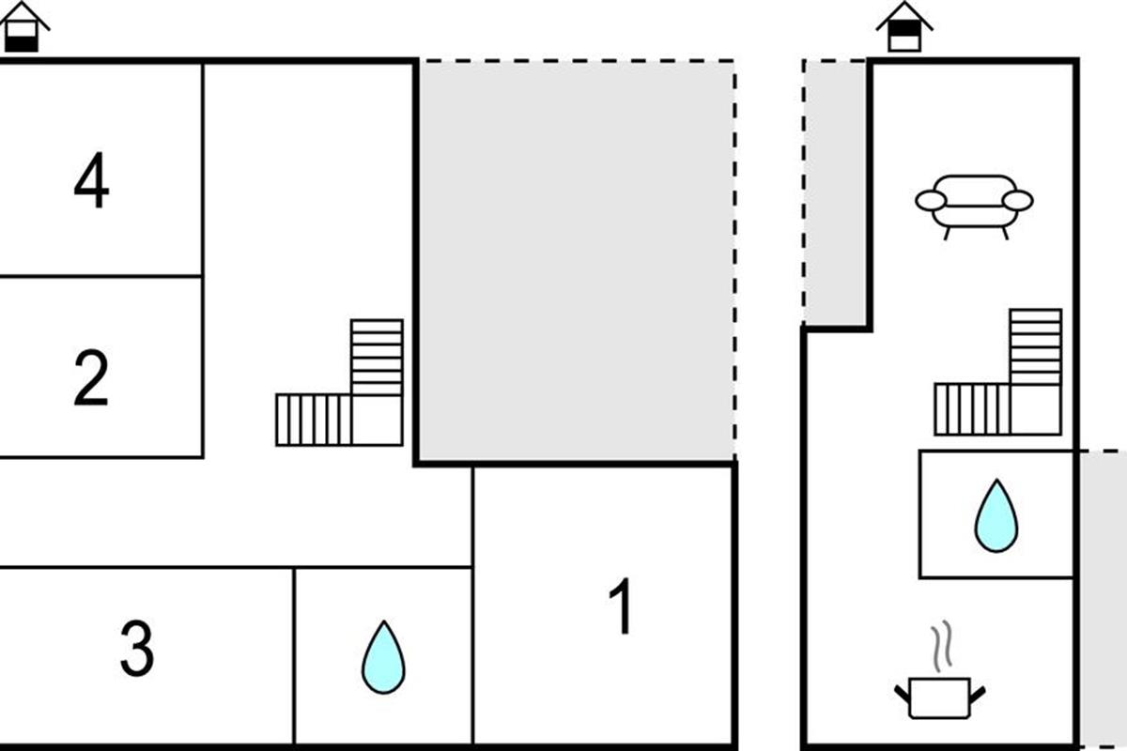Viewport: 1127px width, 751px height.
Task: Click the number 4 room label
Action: (x=91, y=184)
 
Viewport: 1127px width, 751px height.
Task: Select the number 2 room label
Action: (x=91, y=378)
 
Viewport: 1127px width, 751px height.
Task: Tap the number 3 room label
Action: (x=137, y=651)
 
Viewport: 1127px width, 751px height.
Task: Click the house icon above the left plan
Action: (x=23, y=28)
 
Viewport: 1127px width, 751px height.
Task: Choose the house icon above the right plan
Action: (x=903, y=28)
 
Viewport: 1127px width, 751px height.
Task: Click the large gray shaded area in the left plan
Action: (x=575, y=261)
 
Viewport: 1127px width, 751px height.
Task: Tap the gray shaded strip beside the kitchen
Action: (x=1101, y=601)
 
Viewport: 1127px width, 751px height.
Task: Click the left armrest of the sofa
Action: (x=930, y=200)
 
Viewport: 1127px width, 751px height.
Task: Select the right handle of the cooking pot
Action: (x=977, y=694)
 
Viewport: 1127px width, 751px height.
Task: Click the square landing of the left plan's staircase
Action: (x=377, y=420)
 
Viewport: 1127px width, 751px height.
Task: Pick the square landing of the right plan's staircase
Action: (x=1036, y=410)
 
